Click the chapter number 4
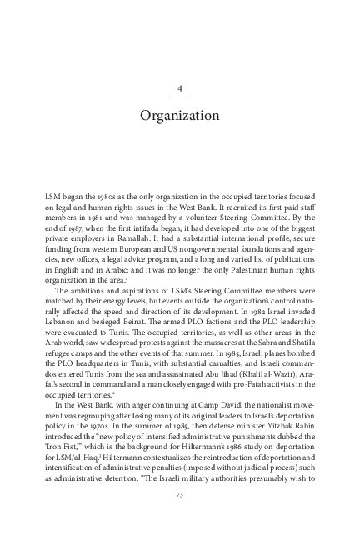(x=180, y=87)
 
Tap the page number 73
(x=180, y=495)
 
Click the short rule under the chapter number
(x=180, y=97)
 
